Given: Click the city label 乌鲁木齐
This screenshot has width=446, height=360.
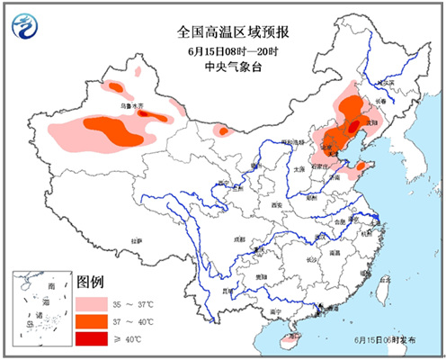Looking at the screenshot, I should (x=132, y=106).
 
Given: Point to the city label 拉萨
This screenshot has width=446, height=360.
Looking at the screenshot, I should (x=136, y=241).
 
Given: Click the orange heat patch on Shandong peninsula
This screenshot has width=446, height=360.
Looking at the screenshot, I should (x=361, y=166).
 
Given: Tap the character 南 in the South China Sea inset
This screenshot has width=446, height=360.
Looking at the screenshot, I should (x=51, y=286).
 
